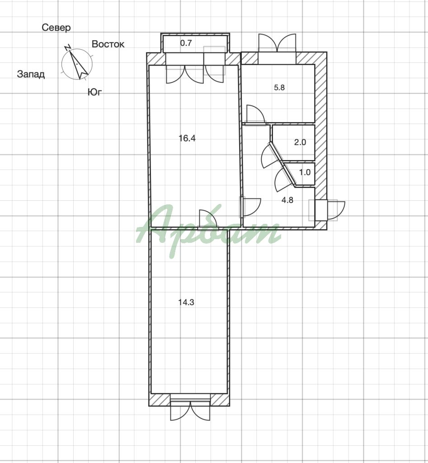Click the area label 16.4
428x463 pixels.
point(187,138)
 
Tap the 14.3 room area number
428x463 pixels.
point(186,302)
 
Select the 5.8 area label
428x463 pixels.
point(279,87)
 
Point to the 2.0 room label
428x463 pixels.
point(300,142)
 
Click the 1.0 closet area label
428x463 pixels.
point(305,172)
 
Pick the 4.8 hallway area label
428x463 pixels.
point(287,200)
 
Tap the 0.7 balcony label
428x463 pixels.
point(186,43)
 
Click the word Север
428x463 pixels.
point(56,28)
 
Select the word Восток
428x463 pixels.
point(108,44)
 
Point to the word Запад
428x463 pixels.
point(31,74)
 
